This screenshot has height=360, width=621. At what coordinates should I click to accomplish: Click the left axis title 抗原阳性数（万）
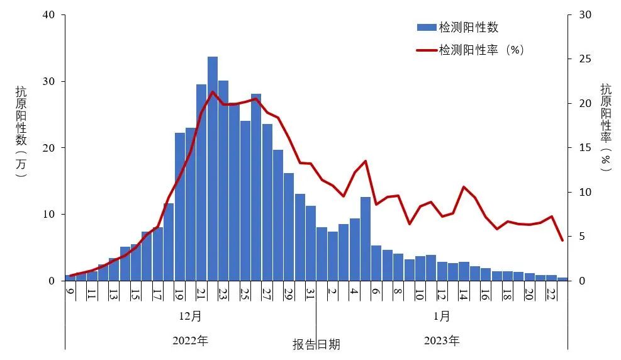[21, 132]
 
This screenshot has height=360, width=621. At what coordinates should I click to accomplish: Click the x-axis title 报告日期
[316, 344]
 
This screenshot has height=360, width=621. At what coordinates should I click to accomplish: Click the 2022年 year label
[190, 341]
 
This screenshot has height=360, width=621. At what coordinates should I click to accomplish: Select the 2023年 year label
[442, 341]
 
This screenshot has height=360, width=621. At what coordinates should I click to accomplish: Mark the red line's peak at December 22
[213, 92]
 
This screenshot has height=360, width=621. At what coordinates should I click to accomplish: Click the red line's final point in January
[562, 240]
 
